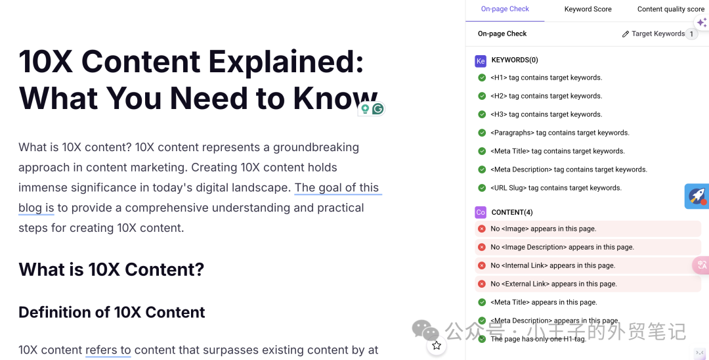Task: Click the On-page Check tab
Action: click(x=504, y=9)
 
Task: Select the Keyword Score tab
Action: click(x=588, y=9)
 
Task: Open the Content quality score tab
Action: click(x=670, y=9)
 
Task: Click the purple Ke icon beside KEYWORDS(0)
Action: click(x=481, y=60)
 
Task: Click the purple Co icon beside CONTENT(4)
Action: click(x=481, y=212)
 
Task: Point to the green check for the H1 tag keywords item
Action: click(x=482, y=78)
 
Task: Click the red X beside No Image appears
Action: click(x=482, y=229)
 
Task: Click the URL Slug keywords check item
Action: click(x=555, y=188)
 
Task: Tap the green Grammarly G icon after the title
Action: click(x=377, y=109)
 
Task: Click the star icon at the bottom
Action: click(x=437, y=346)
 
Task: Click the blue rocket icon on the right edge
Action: click(x=697, y=196)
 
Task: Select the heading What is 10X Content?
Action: click(x=111, y=269)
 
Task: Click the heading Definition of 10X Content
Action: click(x=112, y=312)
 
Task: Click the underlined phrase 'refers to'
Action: click(x=108, y=350)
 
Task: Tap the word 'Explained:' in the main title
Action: click(x=286, y=62)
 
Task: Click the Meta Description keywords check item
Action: click(x=569, y=169)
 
